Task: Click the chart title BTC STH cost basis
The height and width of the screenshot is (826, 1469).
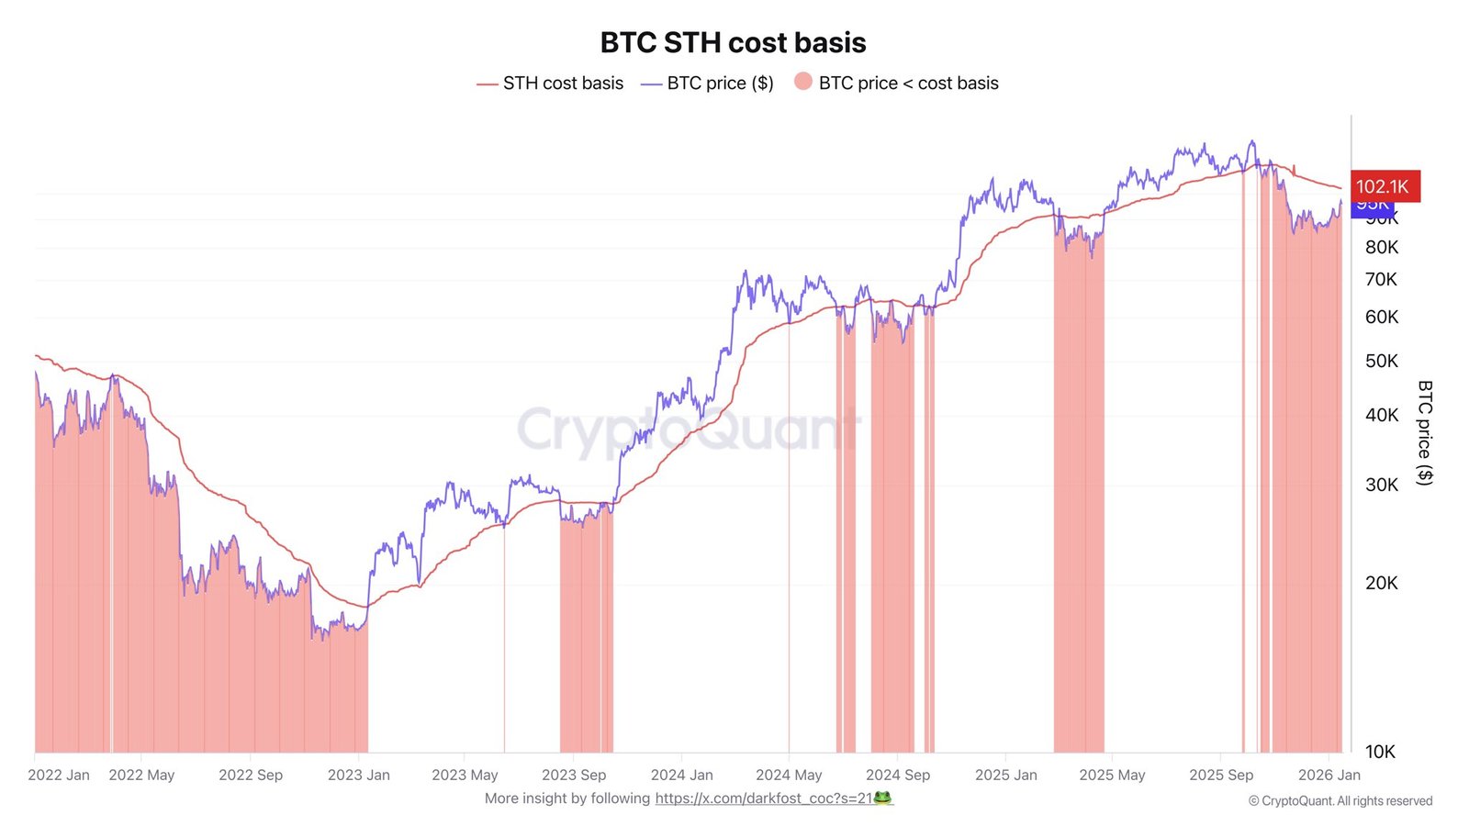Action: [733, 43]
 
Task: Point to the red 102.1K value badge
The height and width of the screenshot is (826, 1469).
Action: [1385, 186]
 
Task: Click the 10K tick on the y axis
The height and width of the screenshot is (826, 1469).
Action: [1380, 752]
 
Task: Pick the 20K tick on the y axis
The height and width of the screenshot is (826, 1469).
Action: [1381, 583]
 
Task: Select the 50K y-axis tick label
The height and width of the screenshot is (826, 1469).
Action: [1381, 361]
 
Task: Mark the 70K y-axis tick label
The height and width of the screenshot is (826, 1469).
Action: [1381, 279]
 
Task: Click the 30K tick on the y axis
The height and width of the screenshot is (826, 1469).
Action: [1381, 485]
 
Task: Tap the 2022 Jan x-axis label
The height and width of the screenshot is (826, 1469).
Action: [59, 775]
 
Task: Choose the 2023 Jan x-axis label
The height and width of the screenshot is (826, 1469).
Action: [358, 775]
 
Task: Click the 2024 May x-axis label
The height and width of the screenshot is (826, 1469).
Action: [789, 775]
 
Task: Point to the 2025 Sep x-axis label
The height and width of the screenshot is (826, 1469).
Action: [1221, 775]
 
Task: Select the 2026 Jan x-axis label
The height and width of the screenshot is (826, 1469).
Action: [1329, 775]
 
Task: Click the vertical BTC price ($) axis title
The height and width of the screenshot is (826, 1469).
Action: [1424, 432]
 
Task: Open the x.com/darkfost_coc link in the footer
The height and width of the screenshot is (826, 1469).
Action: [763, 798]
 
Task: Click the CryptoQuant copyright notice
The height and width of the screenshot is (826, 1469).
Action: [1340, 801]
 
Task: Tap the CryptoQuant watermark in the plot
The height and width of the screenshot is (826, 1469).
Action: [689, 429]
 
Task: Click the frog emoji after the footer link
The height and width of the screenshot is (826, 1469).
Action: [882, 798]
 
